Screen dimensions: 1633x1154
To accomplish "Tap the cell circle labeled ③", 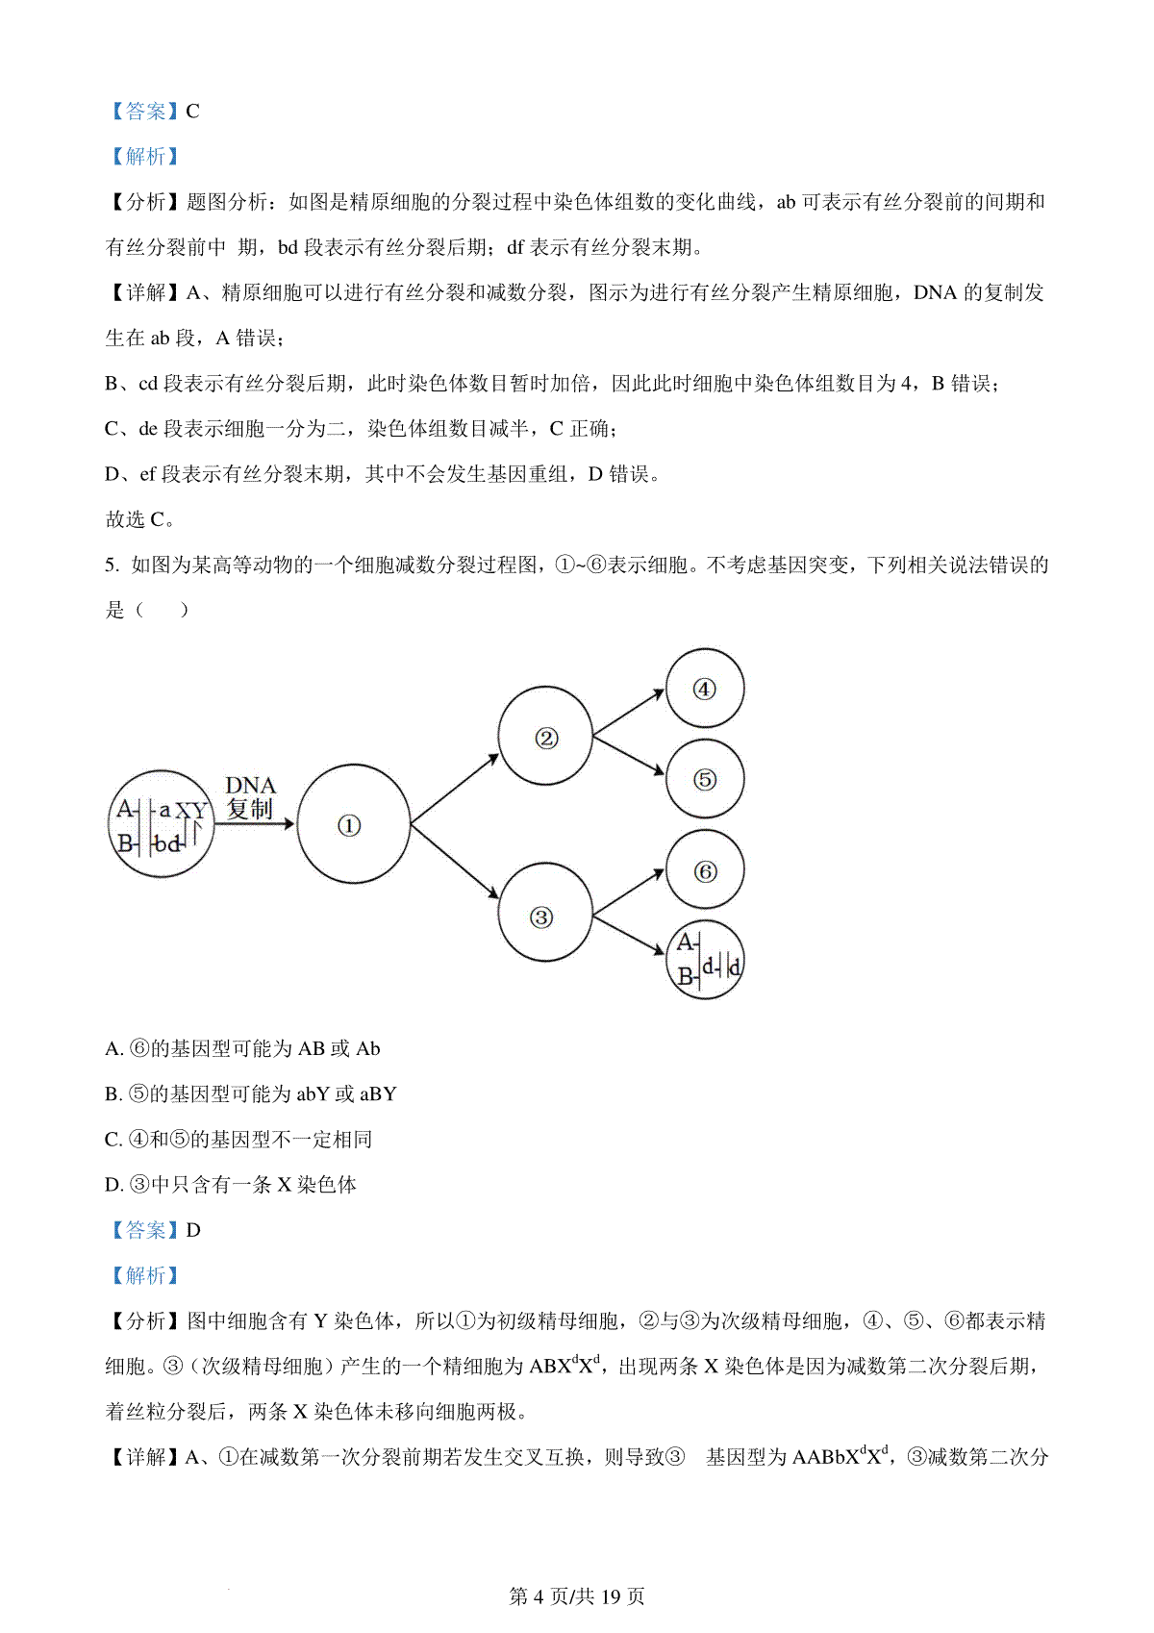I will click(543, 916).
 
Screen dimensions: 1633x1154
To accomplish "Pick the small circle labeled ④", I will click(704, 689).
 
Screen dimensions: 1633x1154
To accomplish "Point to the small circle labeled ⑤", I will click(704, 779).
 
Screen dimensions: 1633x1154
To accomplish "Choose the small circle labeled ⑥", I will click(704, 870).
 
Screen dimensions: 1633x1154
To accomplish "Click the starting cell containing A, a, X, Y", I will click(160, 824).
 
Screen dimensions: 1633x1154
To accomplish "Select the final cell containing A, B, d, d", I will click(704, 961).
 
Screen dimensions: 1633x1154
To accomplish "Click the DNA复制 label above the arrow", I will click(250, 798).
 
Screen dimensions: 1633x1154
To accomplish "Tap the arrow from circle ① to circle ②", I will click(454, 789).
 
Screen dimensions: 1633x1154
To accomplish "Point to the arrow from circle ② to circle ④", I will click(629, 713).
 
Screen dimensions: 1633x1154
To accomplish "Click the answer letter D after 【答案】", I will click(193, 1230).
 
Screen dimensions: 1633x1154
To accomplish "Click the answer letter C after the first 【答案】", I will click(192, 112).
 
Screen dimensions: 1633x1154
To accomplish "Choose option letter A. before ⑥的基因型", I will click(114, 1049).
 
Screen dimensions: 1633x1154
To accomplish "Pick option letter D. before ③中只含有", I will click(114, 1185).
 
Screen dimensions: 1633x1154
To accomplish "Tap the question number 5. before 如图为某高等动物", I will click(113, 565).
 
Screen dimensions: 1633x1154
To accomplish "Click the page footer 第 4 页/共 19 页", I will click(576, 1596).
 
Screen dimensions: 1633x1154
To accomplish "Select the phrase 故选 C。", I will click(140, 519).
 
